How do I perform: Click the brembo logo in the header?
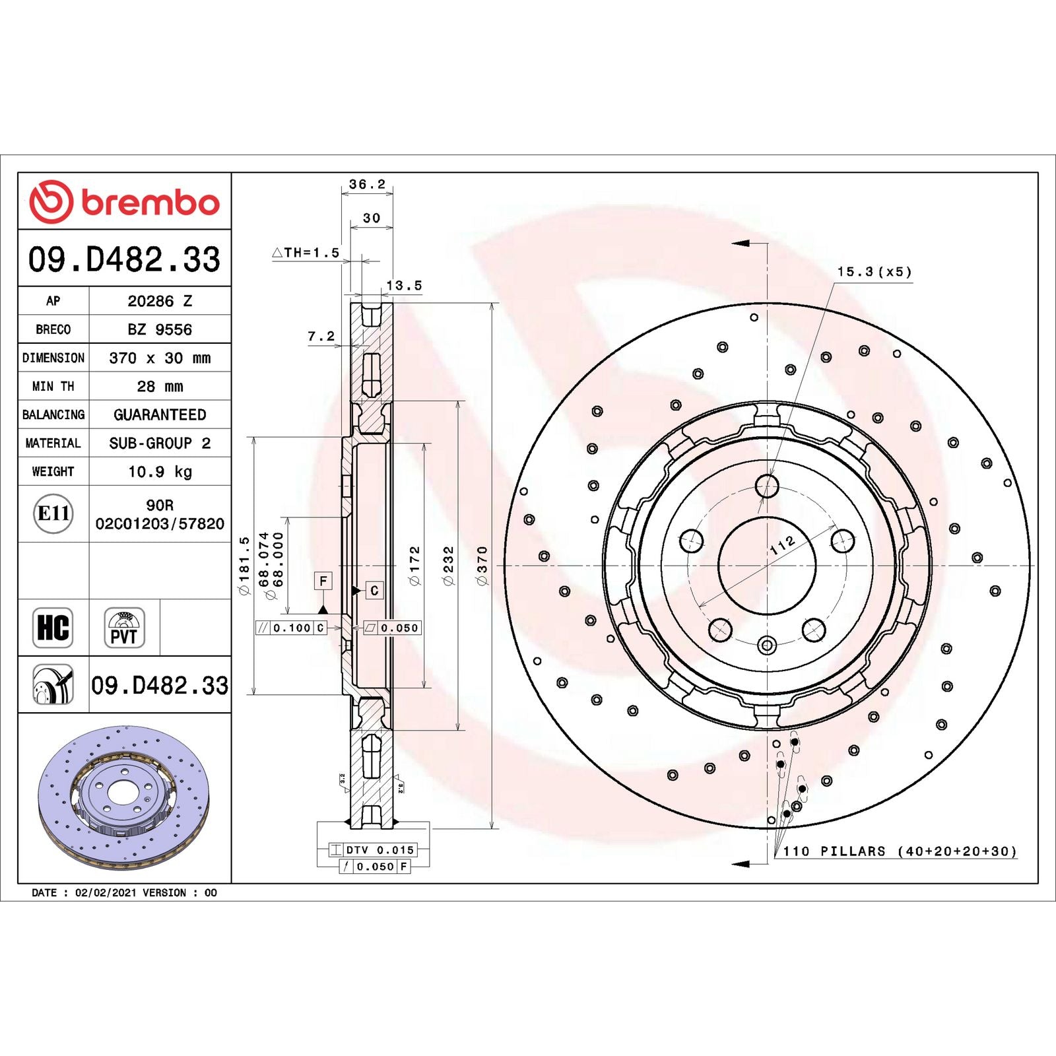coord(124,201)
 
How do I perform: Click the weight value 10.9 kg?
coord(160,471)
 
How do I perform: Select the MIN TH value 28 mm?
coord(160,386)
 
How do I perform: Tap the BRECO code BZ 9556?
coord(160,329)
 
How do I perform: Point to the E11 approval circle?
coord(53,513)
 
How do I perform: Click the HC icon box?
coord(53,628)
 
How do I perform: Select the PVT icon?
coord(124,628)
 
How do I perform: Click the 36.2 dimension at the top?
coord(367,184)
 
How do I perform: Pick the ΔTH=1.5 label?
coord(306,253)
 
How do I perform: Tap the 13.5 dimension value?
coord(404,286)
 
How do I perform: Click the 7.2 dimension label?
coord(321,337)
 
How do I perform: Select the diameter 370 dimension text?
coord(482,565)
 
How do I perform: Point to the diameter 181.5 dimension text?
coord(244,565)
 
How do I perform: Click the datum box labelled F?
coord(323,581)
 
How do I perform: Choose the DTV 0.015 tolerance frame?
coord(373,850)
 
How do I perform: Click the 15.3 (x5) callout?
coord(874,272)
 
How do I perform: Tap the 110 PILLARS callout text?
coord(899,851)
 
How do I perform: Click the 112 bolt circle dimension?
coord(783,544)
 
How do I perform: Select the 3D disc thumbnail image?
coord(123,798)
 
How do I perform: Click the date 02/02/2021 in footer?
coord(106,892)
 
